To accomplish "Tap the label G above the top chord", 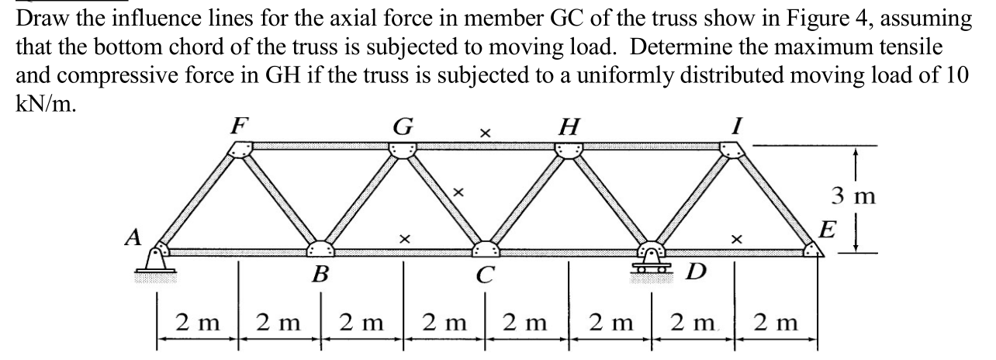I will pyautogui.click(x=404, y=123).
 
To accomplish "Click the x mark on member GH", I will pyautogui.click(x=484, y=134).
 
